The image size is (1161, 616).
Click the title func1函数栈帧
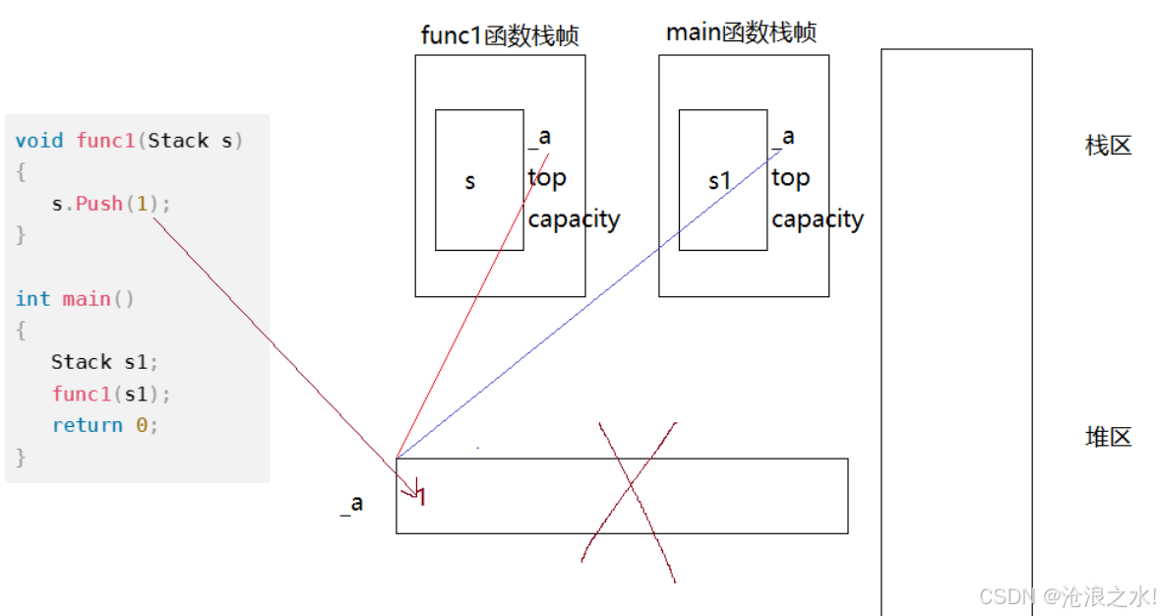click(x=500, y=36)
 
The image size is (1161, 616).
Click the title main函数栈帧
click(x=741, y=32)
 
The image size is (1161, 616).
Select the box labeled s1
click(x=722, y=180)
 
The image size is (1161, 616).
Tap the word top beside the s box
click(x=547, y=178)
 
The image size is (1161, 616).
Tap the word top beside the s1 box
click(x=790, y=178)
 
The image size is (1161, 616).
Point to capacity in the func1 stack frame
click(x=574, y=218)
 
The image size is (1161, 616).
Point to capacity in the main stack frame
click(x=817, y=218)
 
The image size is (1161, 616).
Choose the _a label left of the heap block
click(x=352, y=503)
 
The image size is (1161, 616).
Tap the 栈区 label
click(x=1108, y=147)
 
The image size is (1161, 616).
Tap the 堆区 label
click(x=1108, y=437)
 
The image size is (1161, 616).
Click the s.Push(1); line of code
click(x=111, y=204)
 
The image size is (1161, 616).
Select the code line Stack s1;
click(x=104, y=362)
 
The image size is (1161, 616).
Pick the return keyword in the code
click(x=88, y=425)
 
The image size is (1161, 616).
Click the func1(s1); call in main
click(x=111, y=394)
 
